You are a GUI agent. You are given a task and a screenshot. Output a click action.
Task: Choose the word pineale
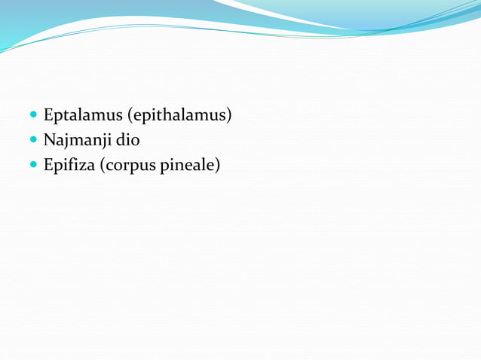[187, 164]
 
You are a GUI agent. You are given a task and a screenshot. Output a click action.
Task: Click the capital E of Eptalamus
[48, 115]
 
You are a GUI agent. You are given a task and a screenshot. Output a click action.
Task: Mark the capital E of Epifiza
[48, 164]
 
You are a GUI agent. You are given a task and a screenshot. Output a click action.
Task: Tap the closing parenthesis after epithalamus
[229, 115]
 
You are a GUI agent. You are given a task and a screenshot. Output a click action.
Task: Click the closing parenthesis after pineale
[218, 164]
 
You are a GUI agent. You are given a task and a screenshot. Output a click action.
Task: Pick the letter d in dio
[118, 140]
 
